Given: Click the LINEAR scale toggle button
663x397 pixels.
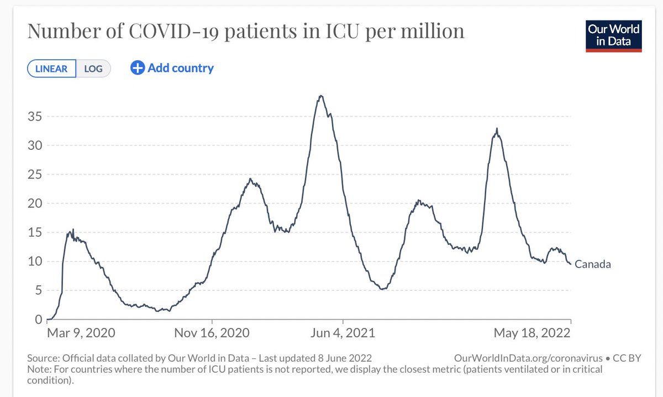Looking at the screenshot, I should [51, 69].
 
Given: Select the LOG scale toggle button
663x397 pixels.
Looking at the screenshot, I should [93, 69].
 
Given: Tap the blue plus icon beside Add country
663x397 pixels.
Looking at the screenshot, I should [137, 68].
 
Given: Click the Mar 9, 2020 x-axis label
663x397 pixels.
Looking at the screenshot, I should [81, 333].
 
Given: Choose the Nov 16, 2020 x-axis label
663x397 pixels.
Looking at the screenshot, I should [212, 333].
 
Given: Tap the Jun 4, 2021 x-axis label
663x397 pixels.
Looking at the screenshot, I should [343, 333].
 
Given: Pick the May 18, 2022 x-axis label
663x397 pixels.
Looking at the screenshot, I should [531, 333].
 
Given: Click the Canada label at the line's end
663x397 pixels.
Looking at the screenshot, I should [592, 264].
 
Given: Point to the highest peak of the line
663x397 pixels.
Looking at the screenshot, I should [320, 96].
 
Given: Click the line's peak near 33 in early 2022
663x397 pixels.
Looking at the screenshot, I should [497, 129].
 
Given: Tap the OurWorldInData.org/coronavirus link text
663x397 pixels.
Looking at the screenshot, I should [527, 358].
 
